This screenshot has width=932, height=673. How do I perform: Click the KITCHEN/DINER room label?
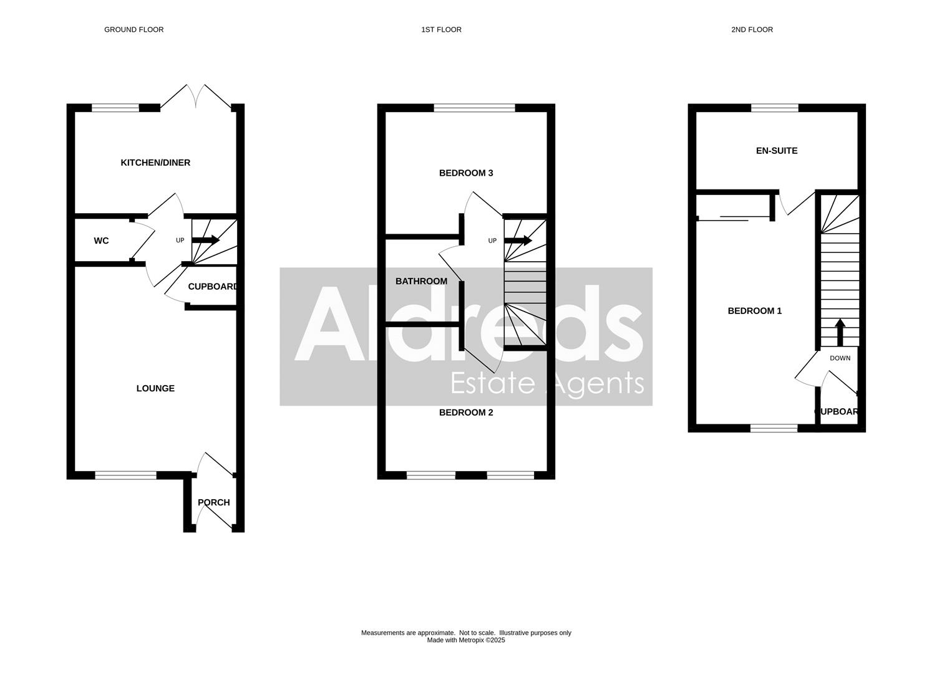click(x=155, y=163)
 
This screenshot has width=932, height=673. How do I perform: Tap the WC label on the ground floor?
click(x=101, y=241)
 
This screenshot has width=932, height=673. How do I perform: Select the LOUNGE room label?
click(x=155, y=388)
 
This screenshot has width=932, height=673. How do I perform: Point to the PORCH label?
click(x=213, y=502)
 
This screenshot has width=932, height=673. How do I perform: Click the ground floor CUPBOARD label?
click(x=213, y=287)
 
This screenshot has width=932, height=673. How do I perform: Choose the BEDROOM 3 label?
click(x=466, y=173)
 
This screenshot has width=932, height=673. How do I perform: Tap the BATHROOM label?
click(x=421, y=281)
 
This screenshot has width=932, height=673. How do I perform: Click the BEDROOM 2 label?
click(x=466, y=412)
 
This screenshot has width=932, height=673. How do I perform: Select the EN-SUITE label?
click(x=776, y=150)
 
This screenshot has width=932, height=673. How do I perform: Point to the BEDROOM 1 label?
click(x=754, y=310)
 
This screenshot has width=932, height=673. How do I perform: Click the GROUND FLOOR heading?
click(x=133, y=29)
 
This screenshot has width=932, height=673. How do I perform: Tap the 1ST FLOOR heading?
click(x=441, y=29)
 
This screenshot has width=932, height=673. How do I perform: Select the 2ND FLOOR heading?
click(x=752, y=29)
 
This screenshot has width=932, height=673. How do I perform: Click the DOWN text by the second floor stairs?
click(x=840, y=358)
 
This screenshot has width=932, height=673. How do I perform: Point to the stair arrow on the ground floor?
click(x=206, y=240)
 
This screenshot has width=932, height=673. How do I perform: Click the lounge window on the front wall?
click(x=125, y=475)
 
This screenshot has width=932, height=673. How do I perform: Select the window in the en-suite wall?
click(x=774, y=108)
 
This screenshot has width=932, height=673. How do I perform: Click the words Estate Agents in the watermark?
click(x=546, y=383)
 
